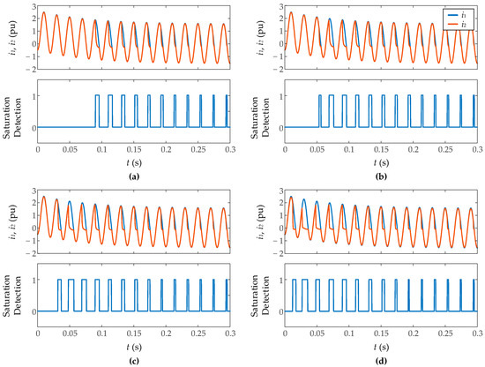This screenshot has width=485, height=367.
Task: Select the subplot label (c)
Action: (132, 360)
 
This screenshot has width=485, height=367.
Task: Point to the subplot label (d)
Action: (381, 360)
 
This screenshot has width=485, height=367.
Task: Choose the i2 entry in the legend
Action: (460, 24)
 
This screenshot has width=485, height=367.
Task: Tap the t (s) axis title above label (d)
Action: (381, 346)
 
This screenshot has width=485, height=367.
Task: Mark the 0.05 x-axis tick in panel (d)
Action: (317, 334)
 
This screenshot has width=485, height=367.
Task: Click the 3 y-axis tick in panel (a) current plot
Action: (32, 6)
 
